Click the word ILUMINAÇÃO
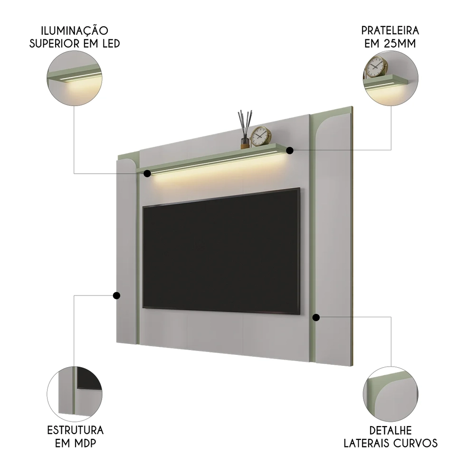(x=75, y=31)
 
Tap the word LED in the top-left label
(x=108, y=44)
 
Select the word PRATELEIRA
(x=390, y=31)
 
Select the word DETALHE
(x=390, y=431)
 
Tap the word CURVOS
(x=418, y=444)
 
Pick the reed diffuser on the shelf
(x=244, y=128)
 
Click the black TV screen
(x=221, y=251)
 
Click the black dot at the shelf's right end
(x=290, y=150)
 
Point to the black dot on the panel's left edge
(x=116, y=295)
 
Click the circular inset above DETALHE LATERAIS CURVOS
(x=390, y=393)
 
